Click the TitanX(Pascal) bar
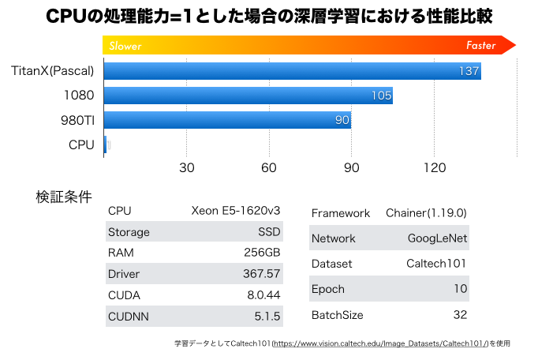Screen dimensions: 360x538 (x=292, y=71)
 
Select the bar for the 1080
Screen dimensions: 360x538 (x=248, y=96)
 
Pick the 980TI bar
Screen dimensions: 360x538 (x=227, y=120)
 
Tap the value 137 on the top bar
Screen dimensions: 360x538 (x=469, y=72)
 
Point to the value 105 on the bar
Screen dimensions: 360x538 (x=382, y=96)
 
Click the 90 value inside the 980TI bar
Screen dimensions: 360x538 (x=342, y=121)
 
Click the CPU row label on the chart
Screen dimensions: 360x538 (x=81, y=144)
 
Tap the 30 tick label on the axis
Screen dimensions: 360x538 (x=186, y=167)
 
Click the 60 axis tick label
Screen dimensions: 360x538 (x=269, y=167)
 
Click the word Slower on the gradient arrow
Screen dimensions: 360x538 (x=126, y=46)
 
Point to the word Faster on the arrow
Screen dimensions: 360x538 (x=481, y=46)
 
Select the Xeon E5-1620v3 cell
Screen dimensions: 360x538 (x=236, y=211)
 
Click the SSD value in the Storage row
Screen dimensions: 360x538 (x=270, y=232)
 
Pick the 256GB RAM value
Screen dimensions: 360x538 (x=262, y=253)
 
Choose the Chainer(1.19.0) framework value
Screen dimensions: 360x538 (x=427, y=213)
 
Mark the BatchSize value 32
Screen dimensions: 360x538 (x=460, y=315)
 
